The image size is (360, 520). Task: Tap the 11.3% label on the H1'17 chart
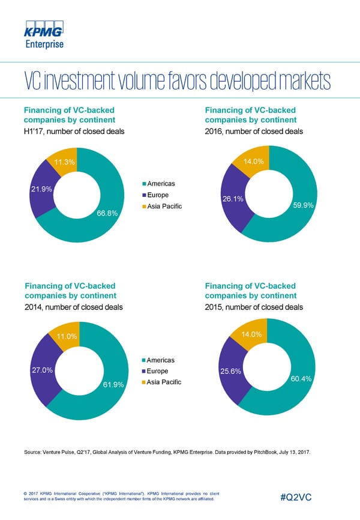64,163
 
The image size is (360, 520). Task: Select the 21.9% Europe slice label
41,190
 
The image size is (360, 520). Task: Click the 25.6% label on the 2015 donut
231,371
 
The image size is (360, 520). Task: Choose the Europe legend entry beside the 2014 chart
157,372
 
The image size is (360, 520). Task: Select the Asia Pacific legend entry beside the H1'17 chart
163,207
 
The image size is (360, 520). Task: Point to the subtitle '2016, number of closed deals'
254,132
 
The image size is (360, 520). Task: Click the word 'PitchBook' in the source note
257,451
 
